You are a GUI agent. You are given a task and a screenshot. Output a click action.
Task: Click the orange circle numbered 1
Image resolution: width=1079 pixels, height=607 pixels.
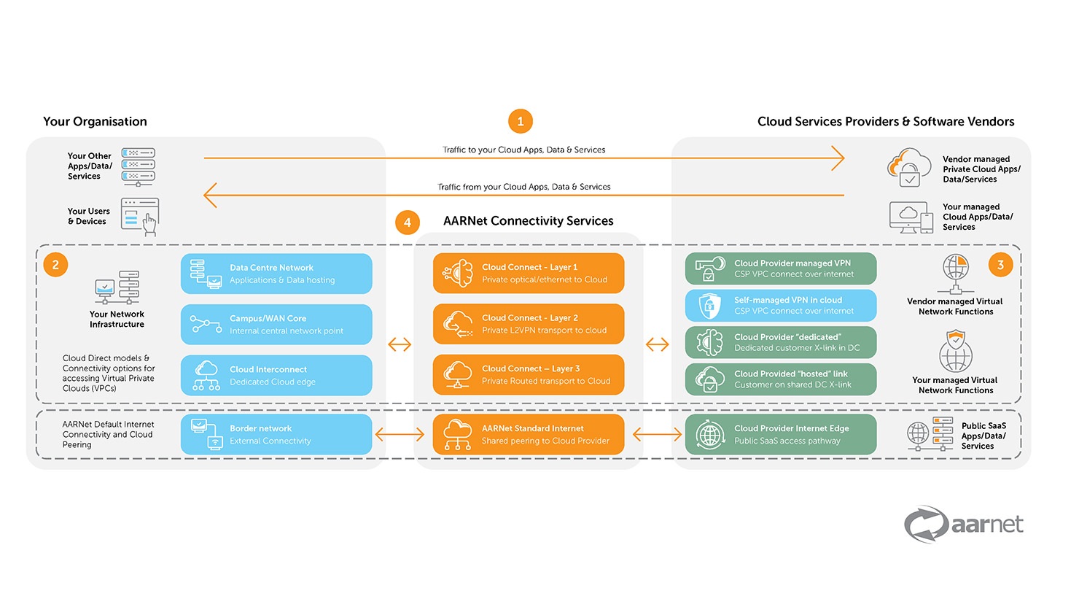(520, 121)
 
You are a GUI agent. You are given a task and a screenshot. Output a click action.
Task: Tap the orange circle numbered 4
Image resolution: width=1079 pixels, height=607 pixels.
(407, 223)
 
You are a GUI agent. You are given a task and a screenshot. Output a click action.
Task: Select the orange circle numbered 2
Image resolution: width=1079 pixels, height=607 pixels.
(55, 265)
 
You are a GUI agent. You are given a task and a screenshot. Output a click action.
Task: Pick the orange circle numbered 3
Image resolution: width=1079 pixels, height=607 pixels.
(1000, 265)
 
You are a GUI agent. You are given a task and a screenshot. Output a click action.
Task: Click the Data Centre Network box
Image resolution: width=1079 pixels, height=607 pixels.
(276, 274)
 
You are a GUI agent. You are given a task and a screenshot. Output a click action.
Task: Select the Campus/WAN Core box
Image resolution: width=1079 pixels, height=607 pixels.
(276, 325)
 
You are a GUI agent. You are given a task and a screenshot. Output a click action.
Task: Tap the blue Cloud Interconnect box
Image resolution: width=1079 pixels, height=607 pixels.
(276, 376)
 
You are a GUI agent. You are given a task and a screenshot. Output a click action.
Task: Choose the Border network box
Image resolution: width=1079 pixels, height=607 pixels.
(276, 435)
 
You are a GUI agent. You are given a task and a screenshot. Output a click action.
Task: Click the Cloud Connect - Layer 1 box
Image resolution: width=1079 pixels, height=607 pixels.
(529, 274)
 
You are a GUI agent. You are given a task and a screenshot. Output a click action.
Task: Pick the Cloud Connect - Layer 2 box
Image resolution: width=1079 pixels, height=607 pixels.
(529, 324)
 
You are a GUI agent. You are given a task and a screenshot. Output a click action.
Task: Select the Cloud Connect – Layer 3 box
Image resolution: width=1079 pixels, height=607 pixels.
(529, 375)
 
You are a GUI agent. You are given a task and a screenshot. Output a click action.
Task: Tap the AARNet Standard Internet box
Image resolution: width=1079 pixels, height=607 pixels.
(529, 435)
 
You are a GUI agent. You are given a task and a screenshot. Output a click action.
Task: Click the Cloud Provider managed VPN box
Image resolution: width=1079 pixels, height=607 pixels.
(780, 268)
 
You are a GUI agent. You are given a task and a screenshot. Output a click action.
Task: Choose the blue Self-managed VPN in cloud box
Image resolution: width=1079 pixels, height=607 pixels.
(780, 306)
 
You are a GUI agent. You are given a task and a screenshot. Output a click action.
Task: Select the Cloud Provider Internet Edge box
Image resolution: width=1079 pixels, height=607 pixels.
(780, 435)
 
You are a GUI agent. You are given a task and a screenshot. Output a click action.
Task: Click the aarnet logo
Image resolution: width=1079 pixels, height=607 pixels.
(964, 525)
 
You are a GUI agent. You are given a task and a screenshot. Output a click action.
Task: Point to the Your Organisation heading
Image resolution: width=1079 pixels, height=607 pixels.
(95, 122)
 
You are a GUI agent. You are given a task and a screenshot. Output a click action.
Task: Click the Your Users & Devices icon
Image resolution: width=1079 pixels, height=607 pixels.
(140, 217)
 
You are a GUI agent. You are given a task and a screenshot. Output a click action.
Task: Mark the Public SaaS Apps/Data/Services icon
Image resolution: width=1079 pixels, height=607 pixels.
(930, 435)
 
